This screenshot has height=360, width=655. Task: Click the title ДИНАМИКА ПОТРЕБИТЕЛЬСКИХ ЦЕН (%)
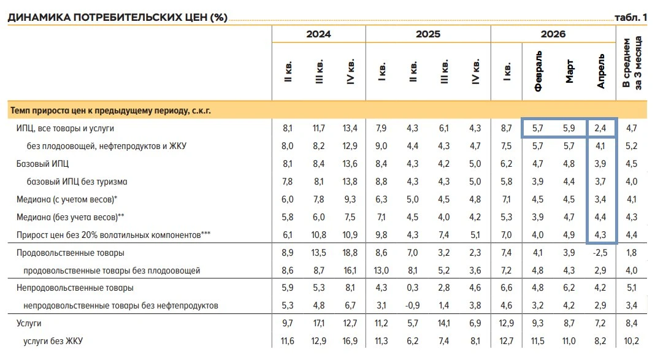pyautogui.click(x=117, y=17)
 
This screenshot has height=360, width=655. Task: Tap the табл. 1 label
pyautogui.click(x=630, y=17)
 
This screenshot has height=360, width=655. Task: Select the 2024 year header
pyautogui.click(x=318, y=34)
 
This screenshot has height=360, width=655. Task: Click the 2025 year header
pyautogui.click(x=427, y=34)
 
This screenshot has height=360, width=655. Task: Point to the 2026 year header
pyautogui.click(x=553, y=34)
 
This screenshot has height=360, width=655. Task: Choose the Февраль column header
pyautogui.click(x=538, y=71)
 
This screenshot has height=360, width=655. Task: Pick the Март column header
pyautogui.click(x=569, y=71)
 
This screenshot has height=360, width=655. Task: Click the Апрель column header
pyautogui.click(x=600, y=71)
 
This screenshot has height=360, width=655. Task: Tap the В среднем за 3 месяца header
pyautogui.click(x=632, y=62)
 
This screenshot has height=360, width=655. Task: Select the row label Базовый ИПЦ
pyautogui.click(x=42, y=164)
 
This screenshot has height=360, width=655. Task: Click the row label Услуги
pyautogui.click(x=29, y=323)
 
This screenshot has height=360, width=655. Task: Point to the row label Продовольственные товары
pyautogui.click(x=70, y=253)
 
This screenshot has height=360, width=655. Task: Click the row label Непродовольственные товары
pyautogui.click(x=75, y=288)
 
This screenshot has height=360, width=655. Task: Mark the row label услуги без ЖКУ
pyautogui.click(x=53, y=341)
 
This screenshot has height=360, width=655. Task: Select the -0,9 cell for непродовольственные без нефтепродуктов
pyautogui.click(x=412, y=305)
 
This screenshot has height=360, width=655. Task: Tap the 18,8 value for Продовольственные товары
pyautogui.click(x=350, y=253)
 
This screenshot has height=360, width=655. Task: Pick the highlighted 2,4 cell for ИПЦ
pyautogui.click(x=600, y=128)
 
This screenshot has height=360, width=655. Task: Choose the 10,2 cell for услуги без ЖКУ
pyautogui.click(x=632, y=341)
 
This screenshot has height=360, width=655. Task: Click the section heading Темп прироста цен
pyautogui.click(x=110, y=110)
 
